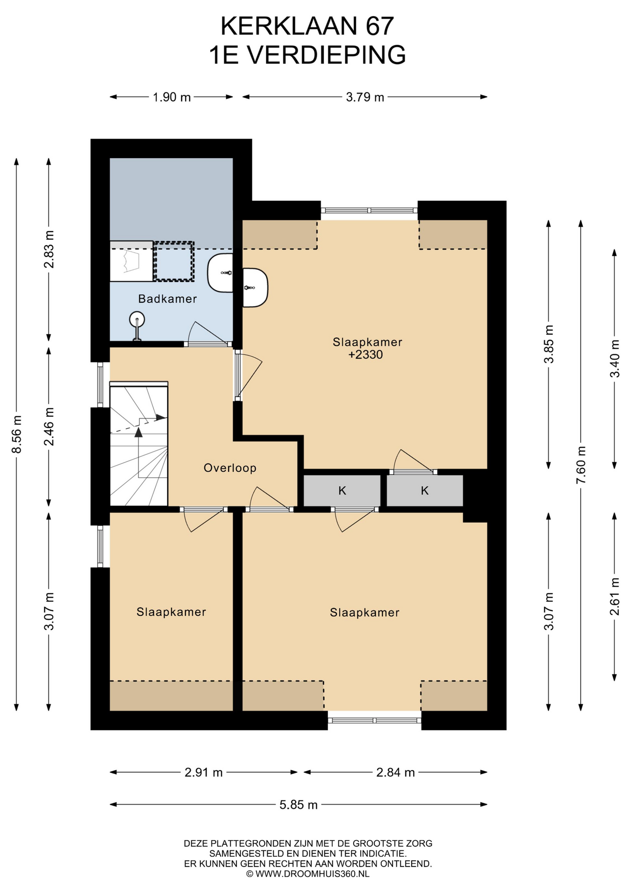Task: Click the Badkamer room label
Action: point(167,299)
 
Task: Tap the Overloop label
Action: point(230,468)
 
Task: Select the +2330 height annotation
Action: point(366,355)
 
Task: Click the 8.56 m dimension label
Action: point(17,434)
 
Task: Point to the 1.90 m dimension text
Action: point(172,97)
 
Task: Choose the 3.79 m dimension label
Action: point(365,97)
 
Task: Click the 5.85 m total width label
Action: point(299,805)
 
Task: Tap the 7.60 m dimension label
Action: point(581,465)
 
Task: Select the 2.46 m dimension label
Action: point(49,427)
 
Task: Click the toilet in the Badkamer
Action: point(137,326)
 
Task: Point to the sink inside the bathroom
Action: point(220,273)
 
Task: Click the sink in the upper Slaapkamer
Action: point(255,287)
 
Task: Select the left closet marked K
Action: point(342,491)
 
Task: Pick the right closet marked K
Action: point(425,491)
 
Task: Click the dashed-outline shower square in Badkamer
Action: point(174,261)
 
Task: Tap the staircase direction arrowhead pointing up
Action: point(138,433)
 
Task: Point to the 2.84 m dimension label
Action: point(395,773)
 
